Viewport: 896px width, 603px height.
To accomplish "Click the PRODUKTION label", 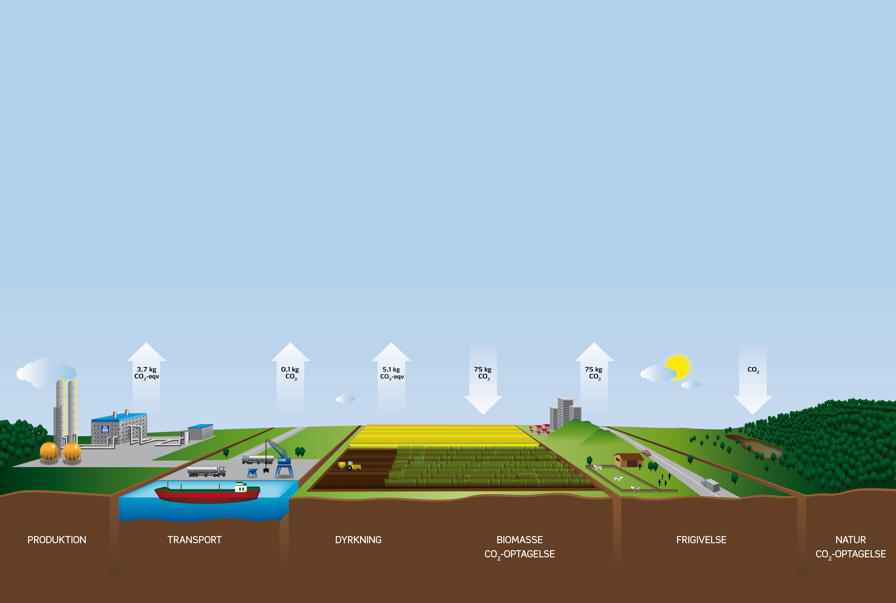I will [x=57, y=540].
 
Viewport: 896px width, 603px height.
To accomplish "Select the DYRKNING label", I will [x=358, y=540].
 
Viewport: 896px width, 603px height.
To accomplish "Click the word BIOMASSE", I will [x=519, y=540].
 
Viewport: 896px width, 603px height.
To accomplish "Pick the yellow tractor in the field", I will [x=349, y=466].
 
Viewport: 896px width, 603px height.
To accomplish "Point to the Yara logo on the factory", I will [x=105, y=429].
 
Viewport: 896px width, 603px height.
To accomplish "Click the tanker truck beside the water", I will [x=207, y=471].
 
